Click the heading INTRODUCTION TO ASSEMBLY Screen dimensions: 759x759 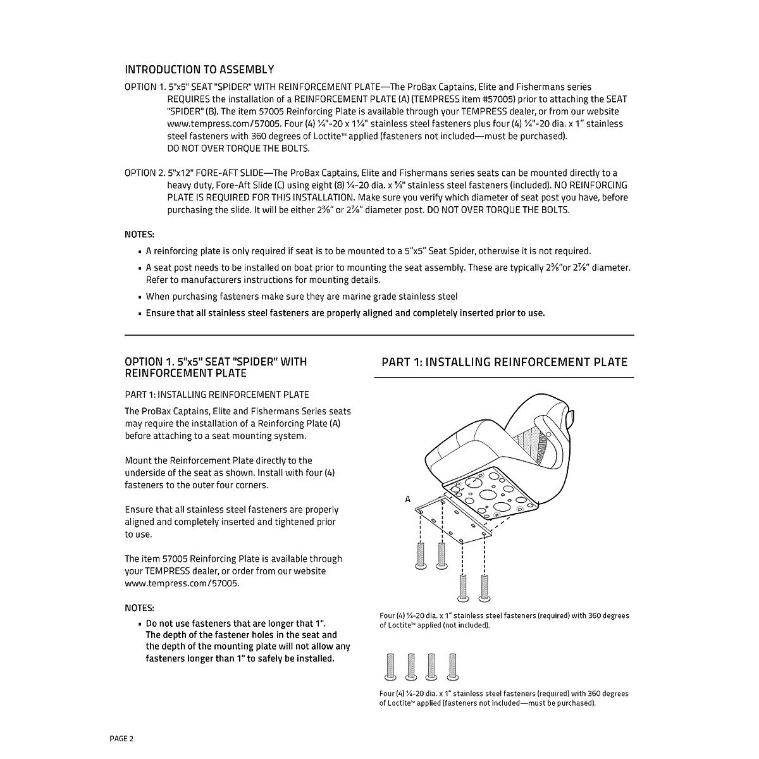(x=199, y=70)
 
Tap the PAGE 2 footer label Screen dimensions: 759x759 (x=121, y=738)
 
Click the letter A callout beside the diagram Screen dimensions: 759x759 (x=408, y=499)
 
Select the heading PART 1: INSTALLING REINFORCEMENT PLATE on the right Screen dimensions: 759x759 (x=504, y=362)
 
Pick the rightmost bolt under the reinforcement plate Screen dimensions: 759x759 (x=485, y=587)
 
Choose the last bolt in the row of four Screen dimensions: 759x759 (x=452, y=667)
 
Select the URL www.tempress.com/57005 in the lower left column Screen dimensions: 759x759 (x=182, y=583)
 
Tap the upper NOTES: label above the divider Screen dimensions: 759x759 (x=139, y=234)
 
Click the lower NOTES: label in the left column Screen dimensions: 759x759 (x=139, y=608)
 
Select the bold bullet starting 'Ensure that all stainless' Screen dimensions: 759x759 (x=345, y=313)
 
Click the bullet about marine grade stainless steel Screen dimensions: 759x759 (x=302, y=297)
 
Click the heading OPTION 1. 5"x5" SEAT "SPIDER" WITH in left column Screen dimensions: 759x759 (x=216, y=362)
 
